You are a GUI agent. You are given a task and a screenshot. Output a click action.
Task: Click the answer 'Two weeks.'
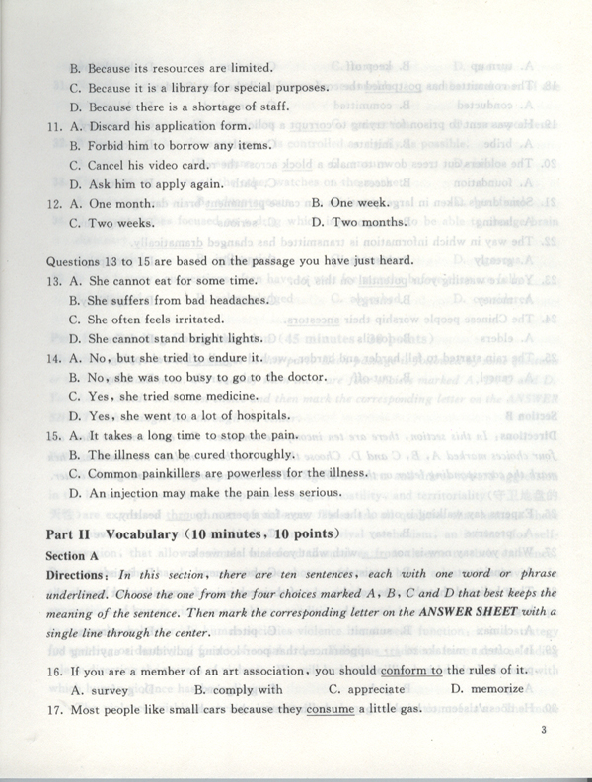click(124, 224)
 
